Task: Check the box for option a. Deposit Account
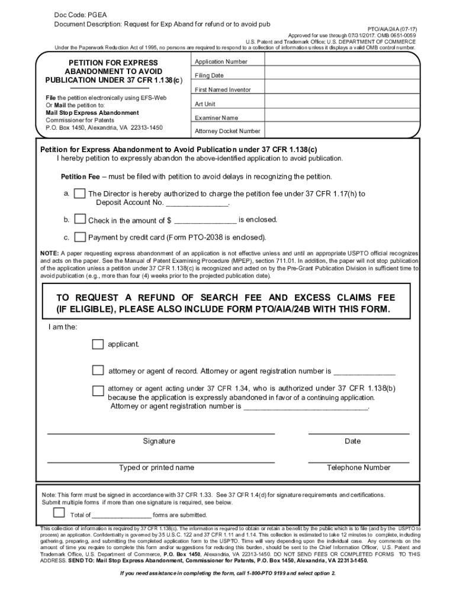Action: tap(79, 195)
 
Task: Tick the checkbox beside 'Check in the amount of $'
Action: tap(79, 220)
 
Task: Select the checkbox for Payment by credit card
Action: tap(79, 237)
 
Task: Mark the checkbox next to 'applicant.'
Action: tap(98, 344)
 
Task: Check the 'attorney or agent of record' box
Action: tap(98, 370)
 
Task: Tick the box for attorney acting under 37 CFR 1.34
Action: tap(98, 390)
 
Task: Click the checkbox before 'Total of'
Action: tap(59, 512)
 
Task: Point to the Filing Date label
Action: tap(209, 76)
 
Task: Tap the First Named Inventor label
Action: tap(223, 90)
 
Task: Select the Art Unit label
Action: tap(205, 104)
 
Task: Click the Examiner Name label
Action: tap(217, 118)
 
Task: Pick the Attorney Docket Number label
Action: tap(227, 131)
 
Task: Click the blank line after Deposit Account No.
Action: tap(198, 203)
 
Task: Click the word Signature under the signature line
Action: tap(159, 441)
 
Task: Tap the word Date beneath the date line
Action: tap(352, 441)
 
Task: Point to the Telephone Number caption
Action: tap(358, 468)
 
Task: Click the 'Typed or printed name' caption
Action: tap(156, 468)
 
